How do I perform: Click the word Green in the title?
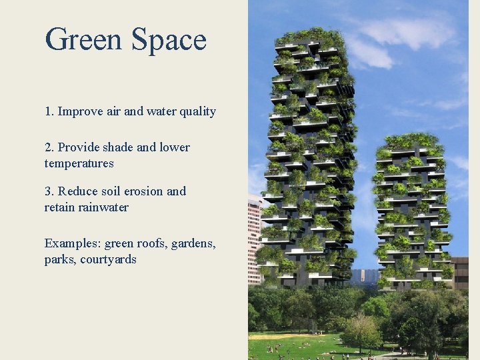84,39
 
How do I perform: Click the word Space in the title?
169,41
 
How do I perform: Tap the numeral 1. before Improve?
49,111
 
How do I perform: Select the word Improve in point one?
80,112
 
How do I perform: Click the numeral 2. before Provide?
49,147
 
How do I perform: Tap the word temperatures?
79,163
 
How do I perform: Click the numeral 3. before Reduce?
49,191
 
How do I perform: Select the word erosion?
141,191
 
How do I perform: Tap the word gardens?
193,244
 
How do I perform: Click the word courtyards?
108,259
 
